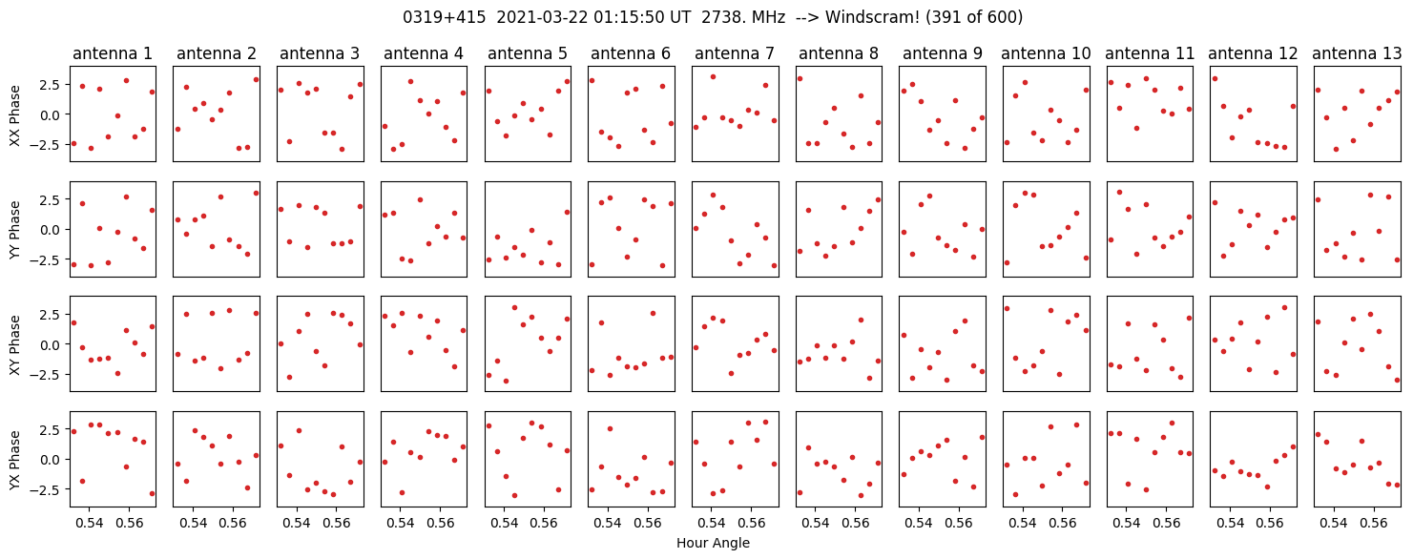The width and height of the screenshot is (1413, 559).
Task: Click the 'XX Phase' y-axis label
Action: [14, 114]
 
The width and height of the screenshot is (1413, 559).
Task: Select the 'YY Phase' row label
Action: [14, 229]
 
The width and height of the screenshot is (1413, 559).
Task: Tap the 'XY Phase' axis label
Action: [14, 343]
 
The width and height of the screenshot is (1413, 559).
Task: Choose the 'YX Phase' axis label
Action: [14, 459]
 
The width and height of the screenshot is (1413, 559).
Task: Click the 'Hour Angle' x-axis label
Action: [713, 544]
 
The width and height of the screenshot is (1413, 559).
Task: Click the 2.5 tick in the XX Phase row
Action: [51, 85]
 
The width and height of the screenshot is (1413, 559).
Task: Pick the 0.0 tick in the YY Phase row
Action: [51, 230]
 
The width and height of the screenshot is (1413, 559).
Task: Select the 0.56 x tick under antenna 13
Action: [1375, 523]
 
